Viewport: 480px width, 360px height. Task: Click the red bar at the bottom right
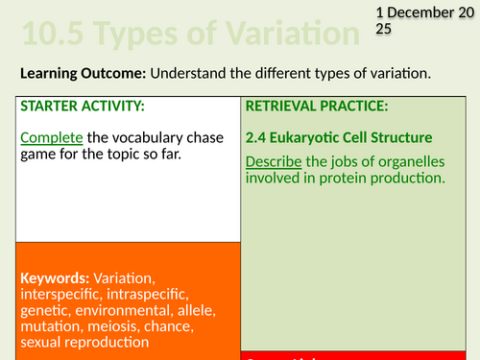point(360,354)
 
